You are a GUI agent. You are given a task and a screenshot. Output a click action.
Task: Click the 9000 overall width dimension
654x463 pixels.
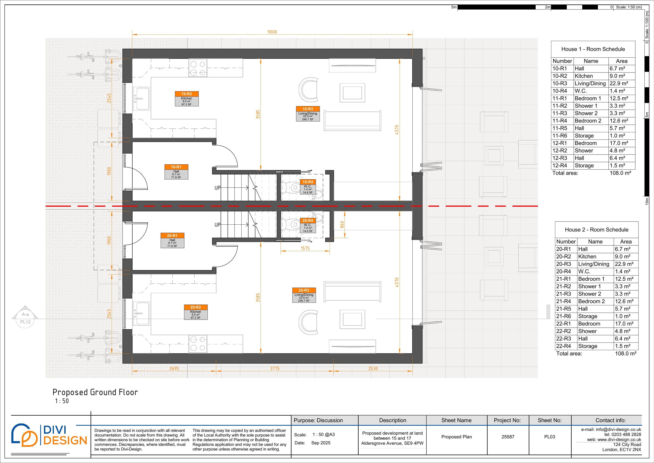coord(272,32)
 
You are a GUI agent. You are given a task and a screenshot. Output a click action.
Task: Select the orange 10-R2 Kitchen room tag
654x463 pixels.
coord(187,98)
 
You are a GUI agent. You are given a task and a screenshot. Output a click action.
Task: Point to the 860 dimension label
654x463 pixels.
coord(342,224)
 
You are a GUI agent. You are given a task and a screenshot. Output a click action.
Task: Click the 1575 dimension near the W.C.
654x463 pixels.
coord(305,248)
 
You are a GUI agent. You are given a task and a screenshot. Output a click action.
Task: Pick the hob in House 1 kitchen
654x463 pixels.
coord(198,68)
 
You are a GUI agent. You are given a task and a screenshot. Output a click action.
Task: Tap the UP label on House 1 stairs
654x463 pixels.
coord(217,188)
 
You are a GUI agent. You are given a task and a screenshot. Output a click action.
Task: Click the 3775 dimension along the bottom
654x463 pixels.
coord(275,368)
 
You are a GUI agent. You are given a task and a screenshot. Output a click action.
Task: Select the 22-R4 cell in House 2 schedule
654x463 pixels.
coord(563,346)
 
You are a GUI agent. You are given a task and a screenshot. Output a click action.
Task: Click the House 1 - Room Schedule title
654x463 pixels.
coord(593,49)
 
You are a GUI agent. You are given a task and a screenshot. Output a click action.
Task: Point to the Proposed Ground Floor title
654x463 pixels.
coord(95,392)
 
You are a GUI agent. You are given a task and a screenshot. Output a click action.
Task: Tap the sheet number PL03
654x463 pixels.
coord(549,437)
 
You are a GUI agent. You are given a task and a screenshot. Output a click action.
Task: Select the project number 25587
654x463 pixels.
coord(508,437)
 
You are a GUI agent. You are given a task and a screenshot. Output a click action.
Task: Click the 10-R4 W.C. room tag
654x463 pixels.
coord(308,187)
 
